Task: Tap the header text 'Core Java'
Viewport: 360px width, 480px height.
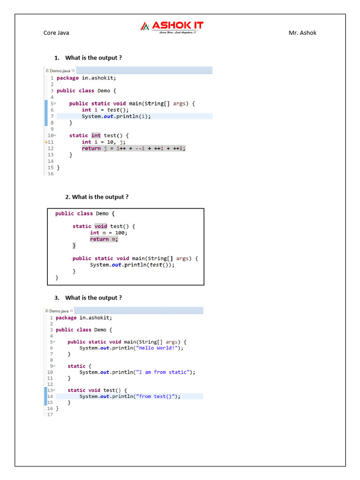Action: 56,33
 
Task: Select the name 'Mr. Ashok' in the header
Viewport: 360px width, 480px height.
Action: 302,33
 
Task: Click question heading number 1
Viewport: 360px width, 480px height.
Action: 89,58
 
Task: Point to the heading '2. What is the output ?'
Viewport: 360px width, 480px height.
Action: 97,197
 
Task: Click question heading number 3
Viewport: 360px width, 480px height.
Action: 88,298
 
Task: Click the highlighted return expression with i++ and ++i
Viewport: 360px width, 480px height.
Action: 134,149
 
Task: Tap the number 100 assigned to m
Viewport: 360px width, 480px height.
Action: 121,233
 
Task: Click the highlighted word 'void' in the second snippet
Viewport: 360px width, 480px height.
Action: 101,226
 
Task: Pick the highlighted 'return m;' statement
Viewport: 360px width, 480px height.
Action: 104,240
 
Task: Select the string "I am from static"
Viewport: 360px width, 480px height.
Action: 164,372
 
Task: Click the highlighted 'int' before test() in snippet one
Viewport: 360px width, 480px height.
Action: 96,136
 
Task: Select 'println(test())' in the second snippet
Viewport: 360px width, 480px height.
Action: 149,265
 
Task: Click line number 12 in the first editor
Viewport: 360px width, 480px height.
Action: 51,149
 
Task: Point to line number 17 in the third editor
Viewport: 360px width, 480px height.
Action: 50,415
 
